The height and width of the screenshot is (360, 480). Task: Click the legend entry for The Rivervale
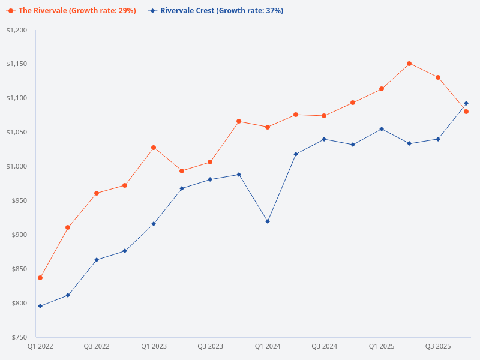point(71,11)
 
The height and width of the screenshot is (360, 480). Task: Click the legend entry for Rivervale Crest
point(215,11)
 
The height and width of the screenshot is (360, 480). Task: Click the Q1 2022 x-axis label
point(40,347)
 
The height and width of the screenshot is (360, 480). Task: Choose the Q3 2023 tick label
point(210,347)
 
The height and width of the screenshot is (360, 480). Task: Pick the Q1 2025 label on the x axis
point(381,347)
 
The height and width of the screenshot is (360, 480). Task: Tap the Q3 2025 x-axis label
point(438,347)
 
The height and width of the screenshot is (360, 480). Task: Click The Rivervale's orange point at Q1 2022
point(40,278)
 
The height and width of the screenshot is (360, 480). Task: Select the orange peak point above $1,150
point(409,63)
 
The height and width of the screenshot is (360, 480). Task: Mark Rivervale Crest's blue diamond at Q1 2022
point(40,306)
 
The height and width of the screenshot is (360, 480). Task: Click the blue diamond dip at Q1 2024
point(268,221)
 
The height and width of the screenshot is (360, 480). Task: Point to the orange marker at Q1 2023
point(154,148)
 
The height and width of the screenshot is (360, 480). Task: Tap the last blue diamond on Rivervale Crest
point(466,103)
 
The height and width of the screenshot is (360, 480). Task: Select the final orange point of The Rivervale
point(466,112)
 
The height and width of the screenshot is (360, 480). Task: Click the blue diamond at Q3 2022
point(97,260)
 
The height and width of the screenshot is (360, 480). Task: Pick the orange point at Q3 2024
point(324,116)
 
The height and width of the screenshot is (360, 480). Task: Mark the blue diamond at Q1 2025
point(381,129)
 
